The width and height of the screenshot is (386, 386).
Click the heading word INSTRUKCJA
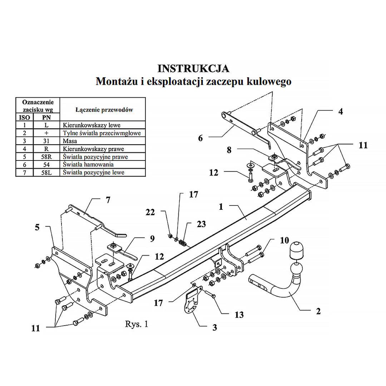193,68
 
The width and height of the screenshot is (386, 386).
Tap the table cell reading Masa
70,141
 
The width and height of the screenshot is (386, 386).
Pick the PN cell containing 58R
46,157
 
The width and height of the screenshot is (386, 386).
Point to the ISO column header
25,117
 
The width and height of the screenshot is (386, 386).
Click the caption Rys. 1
136,324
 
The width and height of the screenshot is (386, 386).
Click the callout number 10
284,240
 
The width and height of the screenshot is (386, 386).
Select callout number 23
201,224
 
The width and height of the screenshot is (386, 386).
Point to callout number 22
150,212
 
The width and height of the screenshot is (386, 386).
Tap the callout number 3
214,327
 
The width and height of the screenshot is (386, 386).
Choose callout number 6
200,138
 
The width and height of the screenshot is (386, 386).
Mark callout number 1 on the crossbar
221,207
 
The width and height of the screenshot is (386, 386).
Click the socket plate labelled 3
191,304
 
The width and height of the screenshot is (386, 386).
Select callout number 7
108,200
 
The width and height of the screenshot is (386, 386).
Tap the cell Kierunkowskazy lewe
91,125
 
